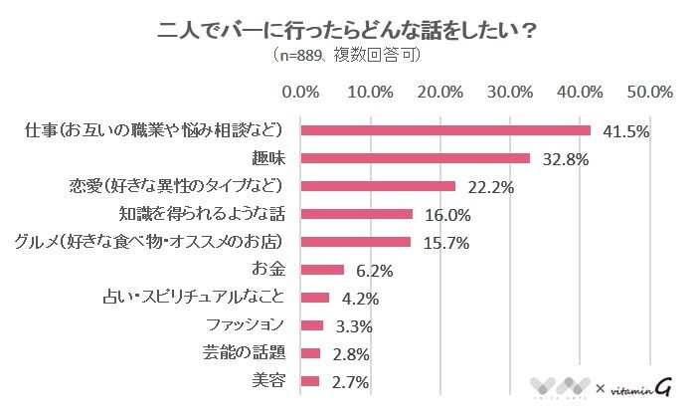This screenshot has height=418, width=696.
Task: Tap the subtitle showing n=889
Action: point(347,56)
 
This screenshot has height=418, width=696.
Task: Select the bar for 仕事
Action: point(444,130)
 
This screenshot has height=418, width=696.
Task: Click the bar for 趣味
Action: point(415,158)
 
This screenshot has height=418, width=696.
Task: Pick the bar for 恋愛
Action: point(378,186)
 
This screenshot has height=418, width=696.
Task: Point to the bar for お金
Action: point(322,270)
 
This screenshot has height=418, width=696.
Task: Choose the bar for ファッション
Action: point(311,325)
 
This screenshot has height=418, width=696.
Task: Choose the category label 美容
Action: point(270,381)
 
